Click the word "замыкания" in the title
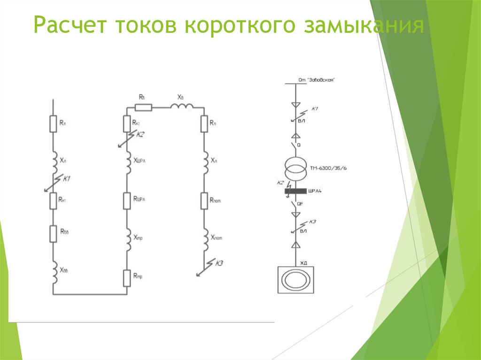click(365, 26)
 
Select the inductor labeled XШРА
click(127, 161)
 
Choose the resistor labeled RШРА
click(127, 200)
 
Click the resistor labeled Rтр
click(127, 278)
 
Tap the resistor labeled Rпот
click(204, 200)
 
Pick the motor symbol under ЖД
click(295, 281)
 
